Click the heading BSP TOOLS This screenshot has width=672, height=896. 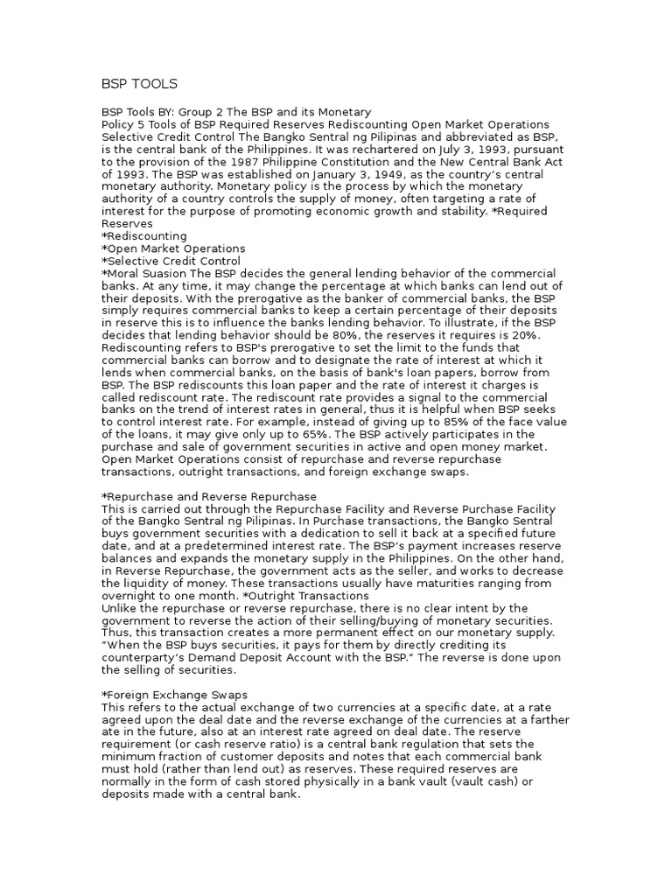(x=139, y=84)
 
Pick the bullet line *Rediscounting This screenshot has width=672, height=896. (x=144, y=236)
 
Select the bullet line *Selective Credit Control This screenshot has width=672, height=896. (x=171, y=261)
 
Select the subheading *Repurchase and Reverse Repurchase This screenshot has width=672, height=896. (x=209, y=496)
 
